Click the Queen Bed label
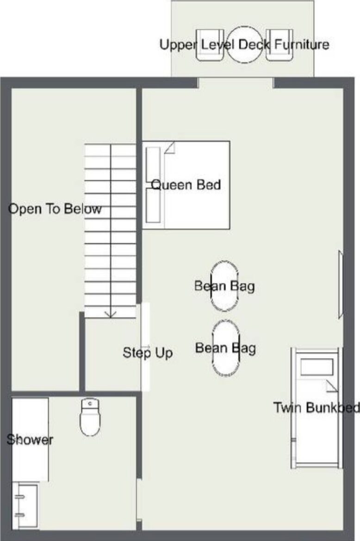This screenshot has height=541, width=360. point(186,185)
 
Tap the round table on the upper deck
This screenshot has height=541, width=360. point(244,45)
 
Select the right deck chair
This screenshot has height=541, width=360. point(279,45)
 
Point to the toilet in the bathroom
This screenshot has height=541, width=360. point(90,418)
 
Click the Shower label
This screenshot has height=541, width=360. point(30,439)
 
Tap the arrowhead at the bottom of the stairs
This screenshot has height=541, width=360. point(110,314)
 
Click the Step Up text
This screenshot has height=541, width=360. point(148,353)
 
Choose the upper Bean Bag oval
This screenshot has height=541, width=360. point(224,286)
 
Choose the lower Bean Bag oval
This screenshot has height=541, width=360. point(226,348)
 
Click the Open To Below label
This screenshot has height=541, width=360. point(55,209)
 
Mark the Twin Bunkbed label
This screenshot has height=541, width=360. point(317,408)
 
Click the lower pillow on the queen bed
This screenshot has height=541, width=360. point(153,206)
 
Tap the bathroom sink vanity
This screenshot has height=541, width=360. point(25,505)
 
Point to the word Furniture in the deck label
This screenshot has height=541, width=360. point(302,45)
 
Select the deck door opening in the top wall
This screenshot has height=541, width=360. point(236,83)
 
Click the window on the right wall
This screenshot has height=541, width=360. point(341,284)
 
